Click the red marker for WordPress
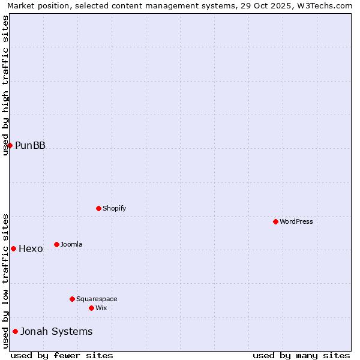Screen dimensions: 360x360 tap(275, 221)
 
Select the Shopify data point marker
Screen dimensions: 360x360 tap(98, 208)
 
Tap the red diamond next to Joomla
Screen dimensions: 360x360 tap(56, 244)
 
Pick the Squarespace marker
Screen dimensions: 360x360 tap(72, 299)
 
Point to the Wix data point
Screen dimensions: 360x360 tap(91, 308)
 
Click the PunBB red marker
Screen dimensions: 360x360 tap(10, 145)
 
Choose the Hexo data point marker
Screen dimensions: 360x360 tap(13, 248)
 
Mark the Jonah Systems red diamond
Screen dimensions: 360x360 tap(15, 331)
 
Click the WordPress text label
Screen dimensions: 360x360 tap(296, 221)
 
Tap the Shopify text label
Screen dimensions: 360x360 tap(114, 208)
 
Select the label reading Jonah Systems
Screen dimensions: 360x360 tap(56, 331)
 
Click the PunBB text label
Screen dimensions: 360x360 tap(30, 145)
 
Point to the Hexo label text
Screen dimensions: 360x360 tap(31, 248)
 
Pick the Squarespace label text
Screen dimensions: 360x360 tap(97, 299)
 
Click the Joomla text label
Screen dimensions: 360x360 tap(71, 244)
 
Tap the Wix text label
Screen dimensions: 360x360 tap(101, 308)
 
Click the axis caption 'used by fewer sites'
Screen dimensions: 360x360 tap(62, 355)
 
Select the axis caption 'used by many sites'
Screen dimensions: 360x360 tap(301, 355)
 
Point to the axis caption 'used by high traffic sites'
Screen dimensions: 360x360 tap(5, 85)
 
